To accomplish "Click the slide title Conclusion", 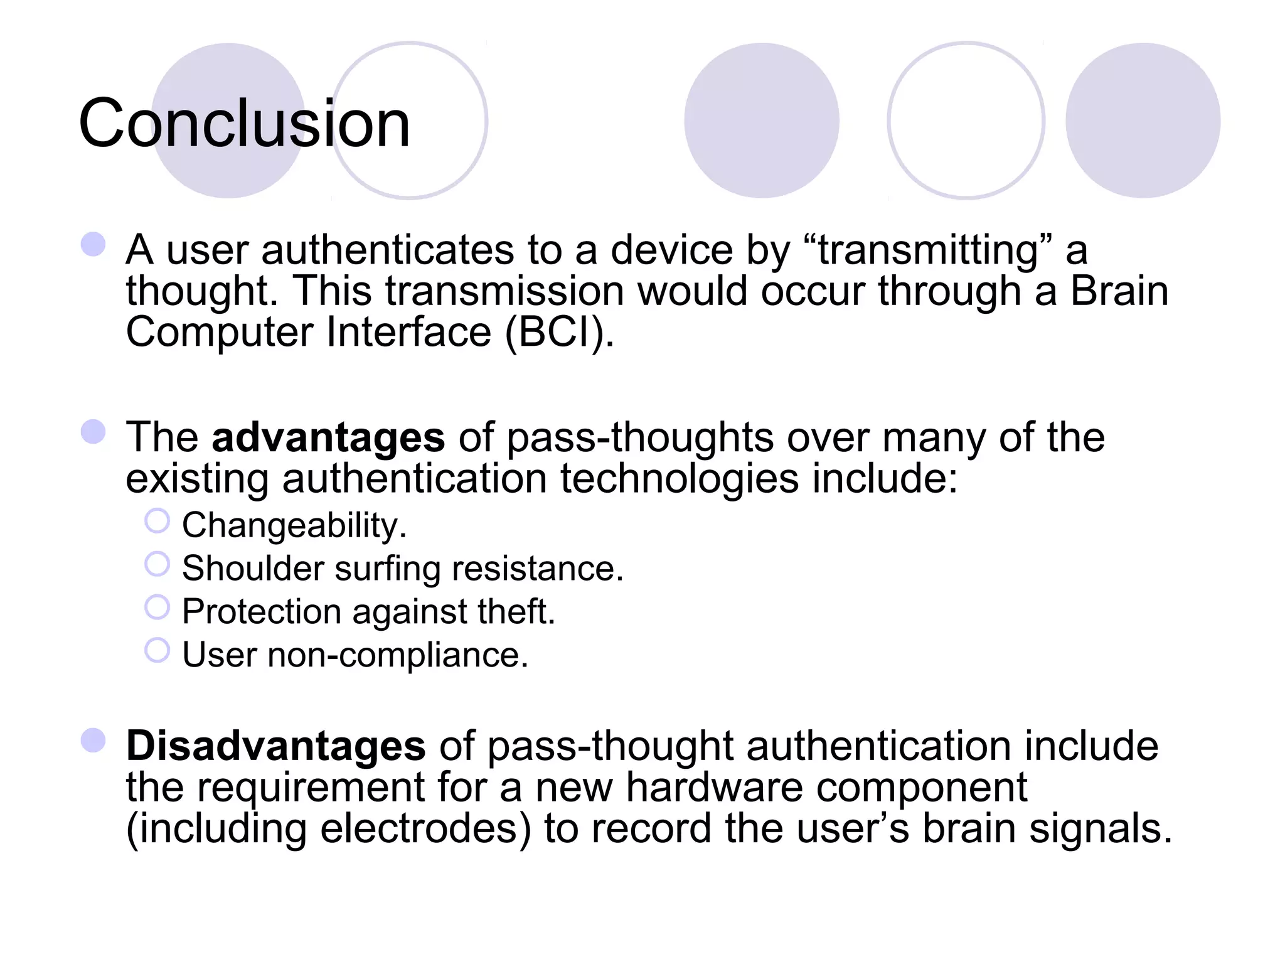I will tap(244, 124).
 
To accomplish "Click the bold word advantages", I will tap(328, 437).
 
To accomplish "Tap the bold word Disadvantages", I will tap(275, 746).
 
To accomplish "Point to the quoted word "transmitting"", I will tap(927, 250).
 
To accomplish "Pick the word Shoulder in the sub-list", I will tap(253, 569).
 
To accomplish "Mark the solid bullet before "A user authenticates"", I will tap(93, 244).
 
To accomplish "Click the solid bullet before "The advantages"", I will tap(93, 432).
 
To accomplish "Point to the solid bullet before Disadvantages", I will tap(93, 741).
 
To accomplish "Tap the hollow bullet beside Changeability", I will tap(157, 521).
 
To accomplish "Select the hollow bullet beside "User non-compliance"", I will tap(157, 650).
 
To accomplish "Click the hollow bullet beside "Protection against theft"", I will tap(157, 607).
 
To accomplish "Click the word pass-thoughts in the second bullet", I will tap(639, 437).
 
